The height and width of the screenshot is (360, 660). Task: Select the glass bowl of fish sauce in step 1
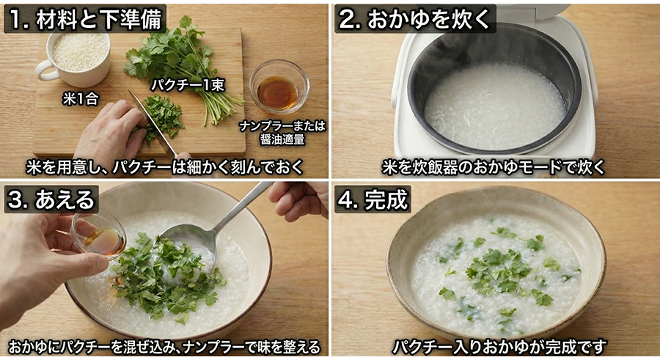[x=278, y=86]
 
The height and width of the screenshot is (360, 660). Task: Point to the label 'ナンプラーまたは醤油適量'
[x=282, y=131]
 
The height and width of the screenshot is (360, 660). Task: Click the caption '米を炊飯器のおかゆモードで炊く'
[x=494, y=166]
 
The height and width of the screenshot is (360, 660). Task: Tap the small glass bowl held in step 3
[x=100, y=233]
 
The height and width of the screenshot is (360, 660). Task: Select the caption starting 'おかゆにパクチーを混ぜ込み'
[x=164, y=346]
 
